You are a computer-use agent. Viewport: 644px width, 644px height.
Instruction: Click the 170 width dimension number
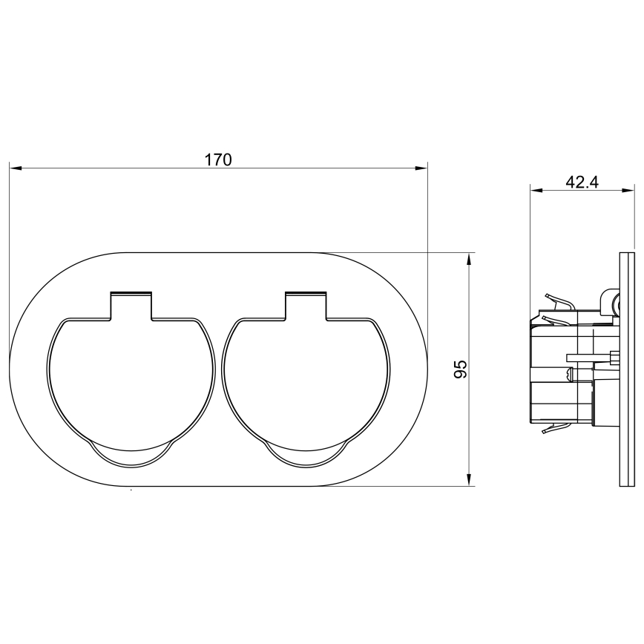click(x=219, y=159)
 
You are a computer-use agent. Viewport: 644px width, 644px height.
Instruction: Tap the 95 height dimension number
click(x=459, y=369)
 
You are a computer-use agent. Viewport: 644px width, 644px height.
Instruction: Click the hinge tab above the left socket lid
click(x=131, y=305)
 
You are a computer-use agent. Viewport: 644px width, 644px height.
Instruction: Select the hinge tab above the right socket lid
click(x=306, y=305)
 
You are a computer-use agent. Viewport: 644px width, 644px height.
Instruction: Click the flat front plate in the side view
click(x=626, y=369)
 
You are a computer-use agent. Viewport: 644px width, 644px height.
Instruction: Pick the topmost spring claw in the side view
click(x=558, y=300)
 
